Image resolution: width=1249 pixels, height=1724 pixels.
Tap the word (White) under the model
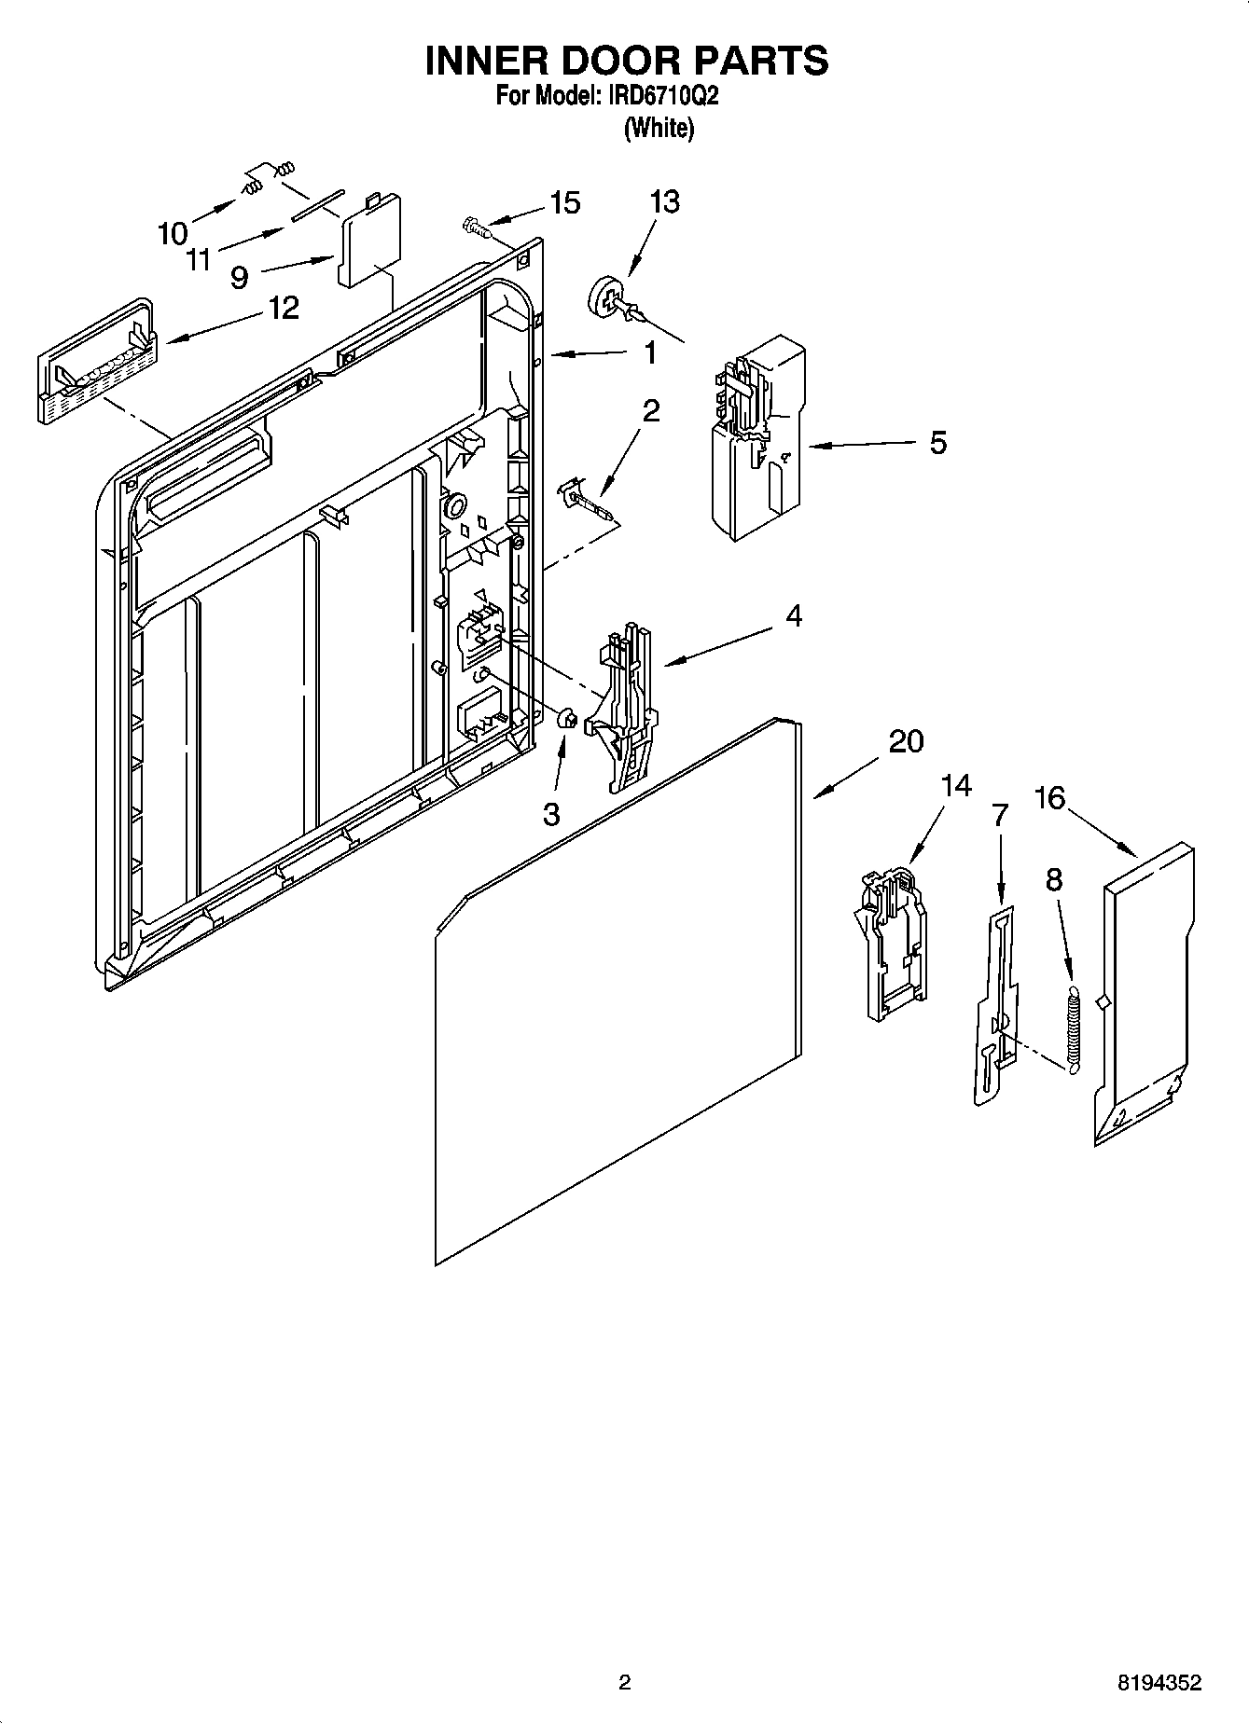tap(659, 128)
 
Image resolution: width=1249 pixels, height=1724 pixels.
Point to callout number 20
tap(905, 741)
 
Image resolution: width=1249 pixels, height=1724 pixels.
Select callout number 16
tap(1049, 798)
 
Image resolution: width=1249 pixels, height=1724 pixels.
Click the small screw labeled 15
tap(475, 225)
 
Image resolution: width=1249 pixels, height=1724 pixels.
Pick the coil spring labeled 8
tap(1073, 1026)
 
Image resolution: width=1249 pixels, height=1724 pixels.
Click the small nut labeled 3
tap(564, 720)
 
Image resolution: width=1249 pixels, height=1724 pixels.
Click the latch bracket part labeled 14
tap(891, 942)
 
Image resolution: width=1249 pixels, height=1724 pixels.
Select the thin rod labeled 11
tap(317, 202)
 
